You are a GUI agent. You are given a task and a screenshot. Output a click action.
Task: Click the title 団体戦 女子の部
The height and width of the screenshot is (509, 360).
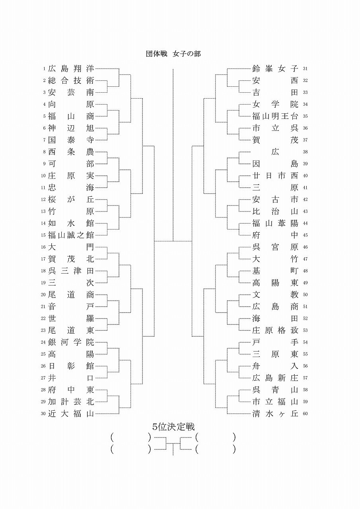(x=173, y=54)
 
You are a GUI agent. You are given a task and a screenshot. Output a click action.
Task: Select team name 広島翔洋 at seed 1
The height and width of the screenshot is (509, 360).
(x=71, y=68)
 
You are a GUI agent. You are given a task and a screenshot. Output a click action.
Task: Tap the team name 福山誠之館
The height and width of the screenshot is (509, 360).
(x=71, y=235)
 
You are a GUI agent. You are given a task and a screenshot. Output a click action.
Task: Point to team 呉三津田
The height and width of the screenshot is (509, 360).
(x=71, y=271)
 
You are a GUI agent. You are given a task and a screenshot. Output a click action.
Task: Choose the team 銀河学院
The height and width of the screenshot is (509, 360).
(x=71, y=342)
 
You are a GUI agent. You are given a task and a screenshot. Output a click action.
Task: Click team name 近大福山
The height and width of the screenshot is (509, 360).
(x=71, y=414)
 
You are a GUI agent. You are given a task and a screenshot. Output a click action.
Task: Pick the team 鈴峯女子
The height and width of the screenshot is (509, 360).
(x=275, y=68)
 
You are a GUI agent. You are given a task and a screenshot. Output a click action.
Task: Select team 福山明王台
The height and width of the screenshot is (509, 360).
(x=275, y=116)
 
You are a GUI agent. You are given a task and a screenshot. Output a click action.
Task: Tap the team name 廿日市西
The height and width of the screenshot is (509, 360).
(x=275, y=175)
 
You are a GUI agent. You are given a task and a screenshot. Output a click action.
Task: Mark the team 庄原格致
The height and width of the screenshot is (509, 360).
(x=275, y=330)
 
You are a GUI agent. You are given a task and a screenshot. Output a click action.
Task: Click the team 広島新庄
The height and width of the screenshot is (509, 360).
(x=275, y=378)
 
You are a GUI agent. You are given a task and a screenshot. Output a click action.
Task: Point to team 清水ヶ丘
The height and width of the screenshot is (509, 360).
(x=275, y=414)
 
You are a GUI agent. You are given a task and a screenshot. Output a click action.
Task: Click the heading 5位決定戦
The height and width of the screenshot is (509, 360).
(x=173, y=427)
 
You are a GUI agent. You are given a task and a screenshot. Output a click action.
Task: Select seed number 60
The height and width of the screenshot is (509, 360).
(x=305, y=414)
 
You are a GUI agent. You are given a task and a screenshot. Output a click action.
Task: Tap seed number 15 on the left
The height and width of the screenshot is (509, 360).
(x=43, y=235)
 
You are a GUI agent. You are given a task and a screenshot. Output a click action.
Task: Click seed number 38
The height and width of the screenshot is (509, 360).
(x=305, y=152)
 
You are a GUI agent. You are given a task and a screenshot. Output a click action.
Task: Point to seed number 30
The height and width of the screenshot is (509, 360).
(x=43, y=414)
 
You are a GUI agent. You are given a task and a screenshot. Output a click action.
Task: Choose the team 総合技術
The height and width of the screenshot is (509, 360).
(x=71, y=80)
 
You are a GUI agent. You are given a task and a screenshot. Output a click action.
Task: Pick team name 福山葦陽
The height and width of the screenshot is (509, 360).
(x=275, y=223)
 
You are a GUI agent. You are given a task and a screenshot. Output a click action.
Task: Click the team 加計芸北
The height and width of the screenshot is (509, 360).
(x=71, y=402)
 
